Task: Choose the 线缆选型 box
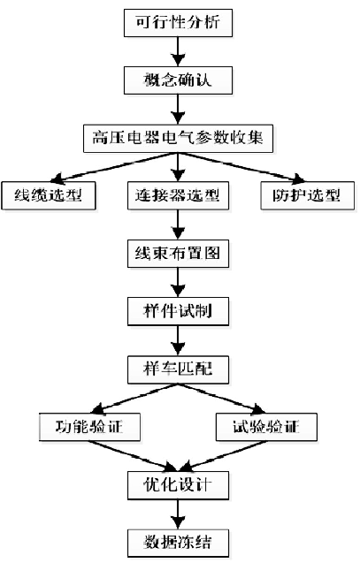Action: (49, 194)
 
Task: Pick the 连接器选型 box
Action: (180, 194)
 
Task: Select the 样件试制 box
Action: (180, 311)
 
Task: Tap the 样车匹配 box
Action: (180, 369)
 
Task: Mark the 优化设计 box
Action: (180, 484)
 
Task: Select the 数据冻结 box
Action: (180, 540)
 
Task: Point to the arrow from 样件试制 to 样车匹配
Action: (180, 340)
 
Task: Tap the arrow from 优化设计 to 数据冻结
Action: (180, 513)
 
